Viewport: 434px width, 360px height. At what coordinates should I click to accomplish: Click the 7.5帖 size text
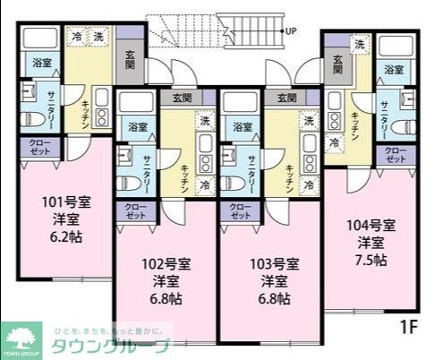point(370,260)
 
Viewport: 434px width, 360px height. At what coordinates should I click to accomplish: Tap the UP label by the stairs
point(291,31)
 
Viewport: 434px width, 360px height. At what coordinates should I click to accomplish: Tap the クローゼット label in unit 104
point(396,153)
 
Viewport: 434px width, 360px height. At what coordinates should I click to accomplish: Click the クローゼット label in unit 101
point(39,147)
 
